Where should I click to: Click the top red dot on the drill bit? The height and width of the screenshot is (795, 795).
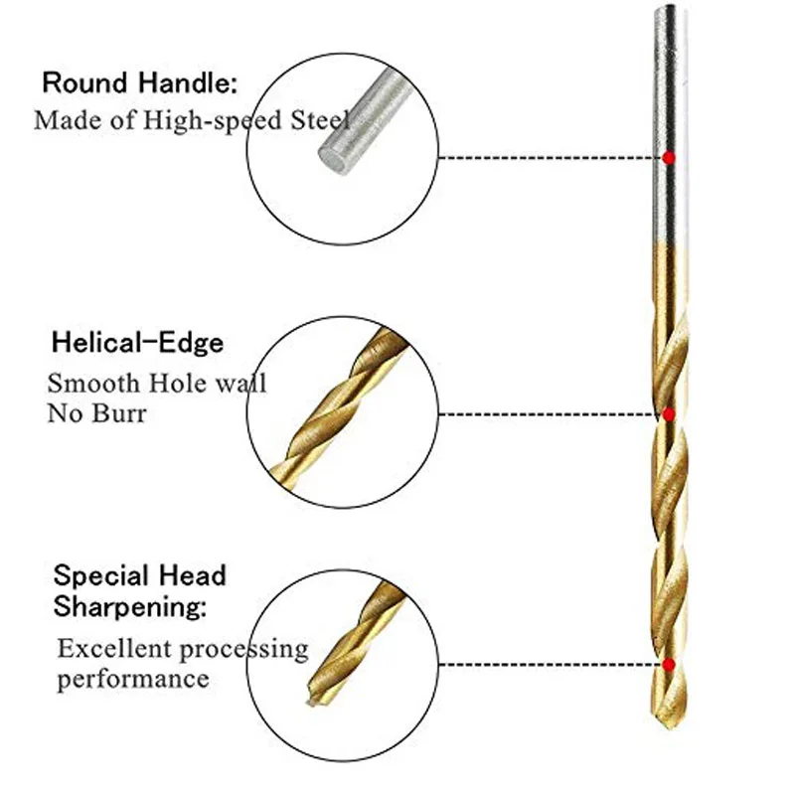click(x=670, y=157)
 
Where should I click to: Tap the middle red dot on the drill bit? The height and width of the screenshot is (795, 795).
click(x=670, y=413)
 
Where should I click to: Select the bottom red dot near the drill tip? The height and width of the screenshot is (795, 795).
click(x=670, y=664)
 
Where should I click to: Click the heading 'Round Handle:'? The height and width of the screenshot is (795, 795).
click(x=139, y=82)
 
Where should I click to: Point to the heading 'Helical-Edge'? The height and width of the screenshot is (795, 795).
click(x=137, y=344)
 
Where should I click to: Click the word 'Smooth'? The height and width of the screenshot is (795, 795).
click(x=87, y=383)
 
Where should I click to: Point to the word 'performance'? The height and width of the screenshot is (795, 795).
click(x=133, y=680)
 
